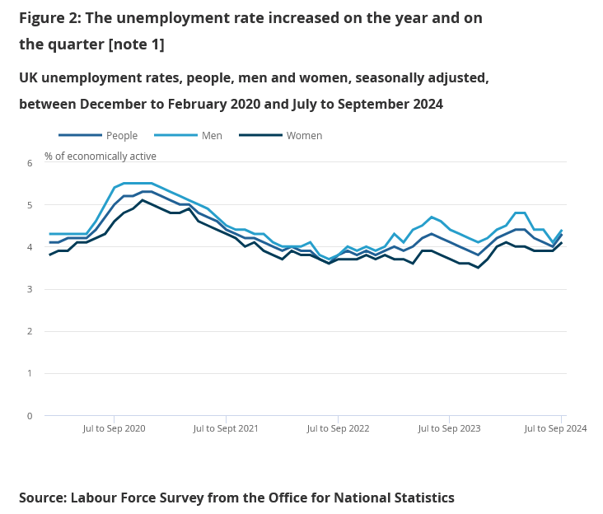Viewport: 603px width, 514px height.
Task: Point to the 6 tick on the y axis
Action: pos(29,163)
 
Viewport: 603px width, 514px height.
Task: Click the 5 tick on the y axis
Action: pos(29,205)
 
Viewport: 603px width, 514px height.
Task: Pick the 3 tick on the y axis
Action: pos(29,289)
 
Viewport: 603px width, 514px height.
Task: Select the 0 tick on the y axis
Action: pos(29,416)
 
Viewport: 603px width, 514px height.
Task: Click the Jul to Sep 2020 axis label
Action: pos(115,429)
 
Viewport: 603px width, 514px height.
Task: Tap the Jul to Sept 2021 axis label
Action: pos(226,429)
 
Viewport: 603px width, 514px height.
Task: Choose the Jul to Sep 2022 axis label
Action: pos(338,429)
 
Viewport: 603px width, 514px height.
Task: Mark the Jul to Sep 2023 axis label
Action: pos(449,429)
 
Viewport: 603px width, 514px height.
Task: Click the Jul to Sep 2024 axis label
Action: pos(555,429)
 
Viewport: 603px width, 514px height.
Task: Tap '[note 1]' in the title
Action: pos(137,44)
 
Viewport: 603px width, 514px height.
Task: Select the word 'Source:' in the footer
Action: pos(43,498)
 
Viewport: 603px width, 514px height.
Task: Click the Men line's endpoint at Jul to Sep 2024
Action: pos(562,231)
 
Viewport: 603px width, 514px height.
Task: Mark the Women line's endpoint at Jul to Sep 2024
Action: pos(562,243)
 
